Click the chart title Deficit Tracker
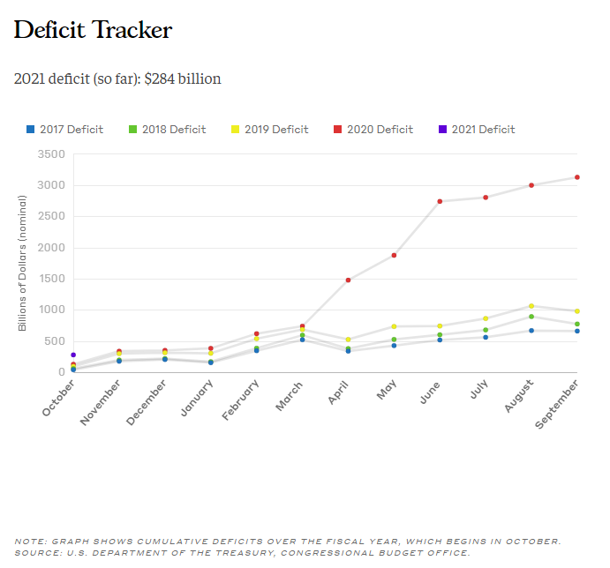click(93, 31)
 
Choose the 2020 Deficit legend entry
click(373, 130)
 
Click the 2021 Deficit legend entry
click(477, 130)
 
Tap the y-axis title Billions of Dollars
click(23, 263)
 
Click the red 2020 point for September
click(576, 177)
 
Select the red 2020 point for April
click(348, 280)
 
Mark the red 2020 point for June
click(440, 201)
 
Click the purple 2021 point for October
click(73, 355)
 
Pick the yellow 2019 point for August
click(531, 306)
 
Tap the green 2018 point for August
click(531, 317)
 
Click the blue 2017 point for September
click(576, 331)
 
